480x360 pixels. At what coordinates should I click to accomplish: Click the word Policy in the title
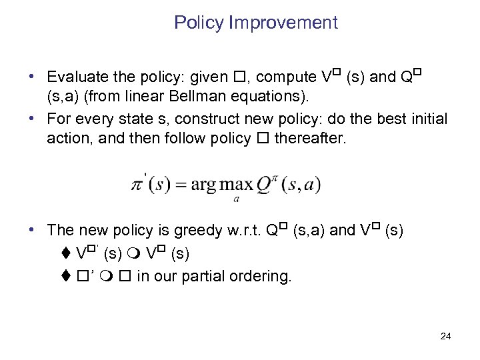[x=199, y=23]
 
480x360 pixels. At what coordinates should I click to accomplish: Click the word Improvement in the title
[x=283, y=23]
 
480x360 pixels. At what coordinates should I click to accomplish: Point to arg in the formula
[x=203, y=185]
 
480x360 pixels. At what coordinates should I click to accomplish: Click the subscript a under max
[x=237, y=198]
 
